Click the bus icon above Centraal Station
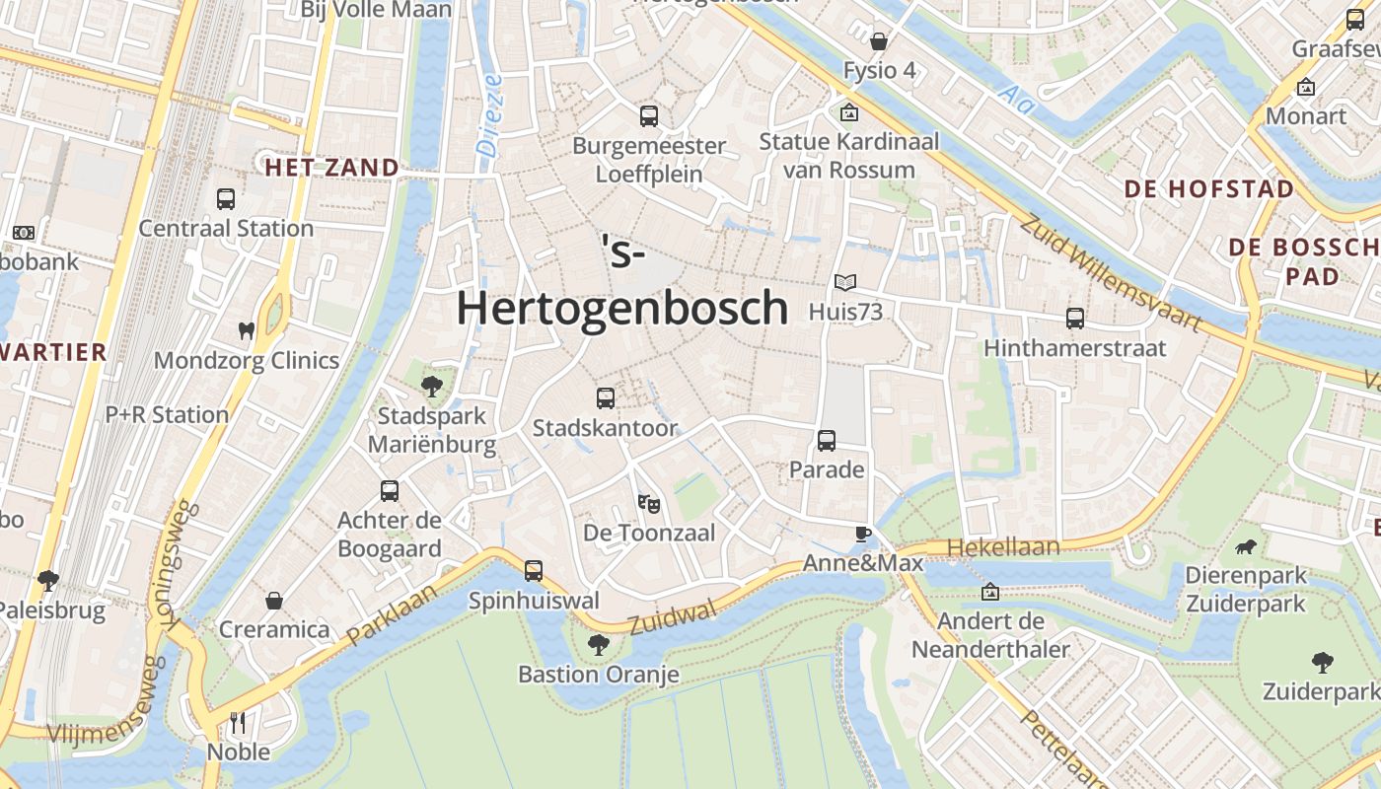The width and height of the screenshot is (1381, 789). [x=226, y=199]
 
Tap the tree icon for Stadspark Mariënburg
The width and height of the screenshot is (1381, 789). [x=431, y=386]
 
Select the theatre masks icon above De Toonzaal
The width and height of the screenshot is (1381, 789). [x=648, y=504]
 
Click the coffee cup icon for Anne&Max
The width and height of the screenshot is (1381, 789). [x=863, y=535]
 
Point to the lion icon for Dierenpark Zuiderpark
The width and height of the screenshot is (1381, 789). [x=1246, y=546]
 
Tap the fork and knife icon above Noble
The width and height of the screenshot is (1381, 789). [x=238, y=723]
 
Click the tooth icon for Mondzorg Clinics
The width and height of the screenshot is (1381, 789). [x=247, y=330]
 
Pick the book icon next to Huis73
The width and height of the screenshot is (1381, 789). [x=845, y=283]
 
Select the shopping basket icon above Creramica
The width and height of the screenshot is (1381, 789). [x=274, y=601]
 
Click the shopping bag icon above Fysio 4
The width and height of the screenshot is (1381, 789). [x=879, y=41]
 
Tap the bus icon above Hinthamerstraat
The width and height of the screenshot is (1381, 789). [x=1075, y=319]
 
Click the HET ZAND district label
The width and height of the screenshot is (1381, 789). [x=331, y=168]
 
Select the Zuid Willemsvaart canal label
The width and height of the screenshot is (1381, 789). [x=1110, y=273]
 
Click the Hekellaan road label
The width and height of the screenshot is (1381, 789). [x=1003, y=547]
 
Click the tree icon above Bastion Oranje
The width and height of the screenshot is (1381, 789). [x=598, y=646]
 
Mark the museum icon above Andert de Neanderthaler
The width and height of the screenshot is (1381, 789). [x=990, y=593]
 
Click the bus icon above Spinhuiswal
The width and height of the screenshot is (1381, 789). [x=534, y=571]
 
